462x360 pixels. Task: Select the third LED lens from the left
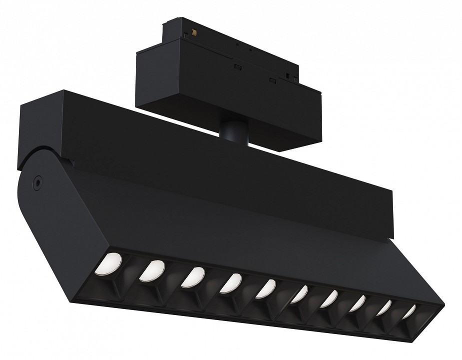192,276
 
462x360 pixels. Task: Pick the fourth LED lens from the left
230,283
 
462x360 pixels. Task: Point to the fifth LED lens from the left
265,289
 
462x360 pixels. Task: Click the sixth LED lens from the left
299,294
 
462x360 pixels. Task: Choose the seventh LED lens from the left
329,299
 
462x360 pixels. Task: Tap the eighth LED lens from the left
357,304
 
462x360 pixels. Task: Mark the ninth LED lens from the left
383,308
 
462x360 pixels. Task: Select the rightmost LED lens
408,312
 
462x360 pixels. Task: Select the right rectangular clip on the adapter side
272,80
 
